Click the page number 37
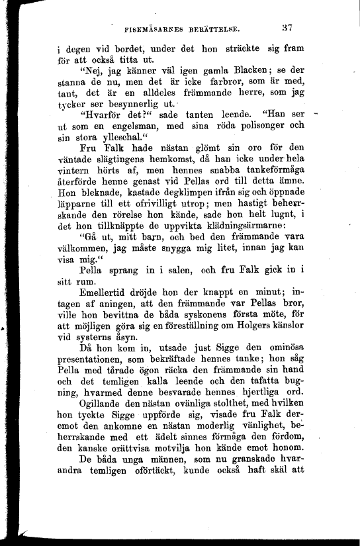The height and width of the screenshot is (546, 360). click(286, 28)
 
